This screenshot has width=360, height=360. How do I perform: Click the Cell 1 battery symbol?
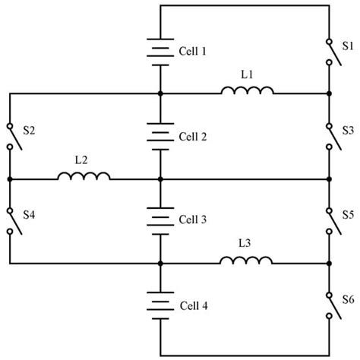pos(160,51)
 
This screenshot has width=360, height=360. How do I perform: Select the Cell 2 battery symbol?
pos(160,137)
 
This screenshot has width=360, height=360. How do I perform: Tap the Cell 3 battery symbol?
pos(160,220)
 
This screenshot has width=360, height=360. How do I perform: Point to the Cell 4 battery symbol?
pos(160,305)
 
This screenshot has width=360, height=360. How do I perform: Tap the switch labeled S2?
pos(11,137)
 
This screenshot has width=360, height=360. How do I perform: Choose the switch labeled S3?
pos(328,137)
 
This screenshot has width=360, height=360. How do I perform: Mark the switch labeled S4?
pos(11,220)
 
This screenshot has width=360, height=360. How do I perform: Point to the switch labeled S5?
pos(328,220)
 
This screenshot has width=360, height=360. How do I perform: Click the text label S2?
pos(29,131)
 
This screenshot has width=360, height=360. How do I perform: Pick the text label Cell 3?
pos(192,220)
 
